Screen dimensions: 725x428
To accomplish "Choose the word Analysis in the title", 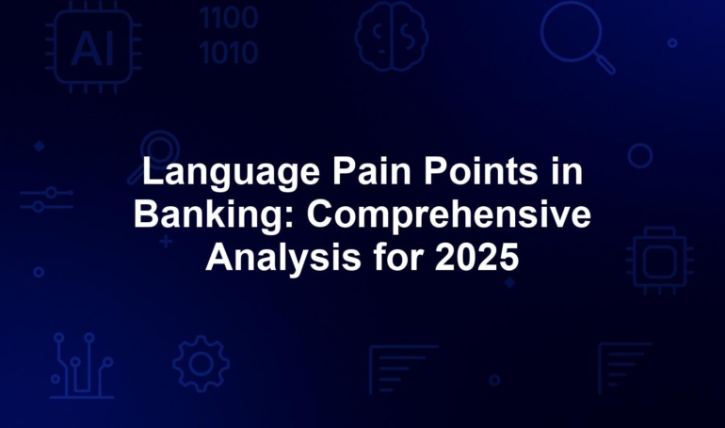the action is coord(283,258).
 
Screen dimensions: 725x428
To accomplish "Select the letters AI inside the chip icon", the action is coord(92,49).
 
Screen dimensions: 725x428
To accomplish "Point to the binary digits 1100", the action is coord(229,19).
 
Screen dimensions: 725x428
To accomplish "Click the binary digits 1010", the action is coord(229,53).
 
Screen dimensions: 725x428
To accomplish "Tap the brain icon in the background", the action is coord(391,37).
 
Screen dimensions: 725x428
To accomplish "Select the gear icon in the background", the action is coord(201,364).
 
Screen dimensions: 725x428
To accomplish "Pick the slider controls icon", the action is coord(46,199).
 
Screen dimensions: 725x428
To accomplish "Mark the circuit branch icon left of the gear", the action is coord(82,366).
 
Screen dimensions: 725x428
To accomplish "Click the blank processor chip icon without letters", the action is coord(660,261).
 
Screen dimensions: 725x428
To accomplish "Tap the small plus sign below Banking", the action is coord(166,242).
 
